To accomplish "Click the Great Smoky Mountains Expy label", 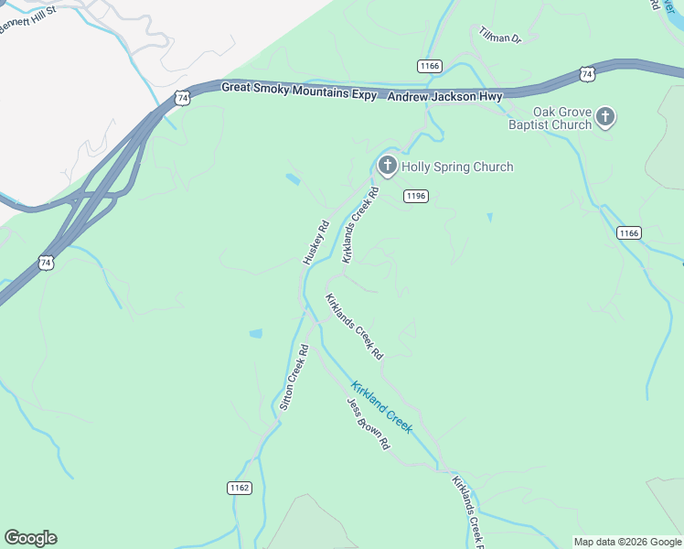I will click(299, 89).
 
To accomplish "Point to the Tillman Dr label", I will click(499, 36).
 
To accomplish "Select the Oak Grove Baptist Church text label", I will click(550, 119).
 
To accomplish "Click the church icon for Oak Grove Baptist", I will click(605, 116).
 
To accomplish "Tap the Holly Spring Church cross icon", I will click(387, 166).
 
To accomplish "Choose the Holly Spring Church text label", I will click(457, 167).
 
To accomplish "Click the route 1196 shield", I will click(416, 196).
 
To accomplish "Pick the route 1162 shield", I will click(240, 488).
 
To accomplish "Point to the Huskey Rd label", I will click(315, 242).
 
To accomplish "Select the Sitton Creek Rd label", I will click(294, 377).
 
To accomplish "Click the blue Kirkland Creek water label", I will click(382, 406).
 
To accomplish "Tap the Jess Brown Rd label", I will click(368, 424).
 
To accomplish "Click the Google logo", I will click(30, 538).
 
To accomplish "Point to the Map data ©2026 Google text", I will click(627, 542).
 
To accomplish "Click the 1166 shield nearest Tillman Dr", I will click(429, 66).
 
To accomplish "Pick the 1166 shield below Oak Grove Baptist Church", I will click(628, 233).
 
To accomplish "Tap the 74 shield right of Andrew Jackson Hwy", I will click(586, 73).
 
